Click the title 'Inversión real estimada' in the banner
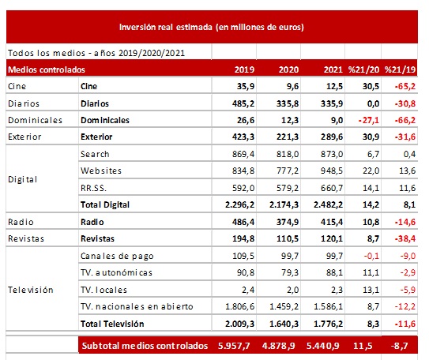pos(166,27)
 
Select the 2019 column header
pos(244,69)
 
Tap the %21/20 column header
pos(363,69)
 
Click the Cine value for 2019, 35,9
pos(246,86)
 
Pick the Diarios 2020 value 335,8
pos(288,103)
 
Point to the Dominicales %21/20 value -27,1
pos(369,120)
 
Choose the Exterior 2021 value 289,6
pos(332,137)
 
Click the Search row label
pos(95,154)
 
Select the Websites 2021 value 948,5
pos(332,171)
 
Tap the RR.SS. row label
pos(93,188)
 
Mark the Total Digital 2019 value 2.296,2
pos(239,204)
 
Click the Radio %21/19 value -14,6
pos(405,222)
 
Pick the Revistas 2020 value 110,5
pos(288,238)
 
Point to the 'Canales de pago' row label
pos(117,256)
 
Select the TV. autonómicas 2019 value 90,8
pos(246,272)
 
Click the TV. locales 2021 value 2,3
pos(337,290)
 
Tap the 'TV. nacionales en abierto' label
pos(137,306)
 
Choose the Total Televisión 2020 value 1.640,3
pos(284,324)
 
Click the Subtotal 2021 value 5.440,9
pos(323,346)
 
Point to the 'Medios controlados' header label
pos(47,69)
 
